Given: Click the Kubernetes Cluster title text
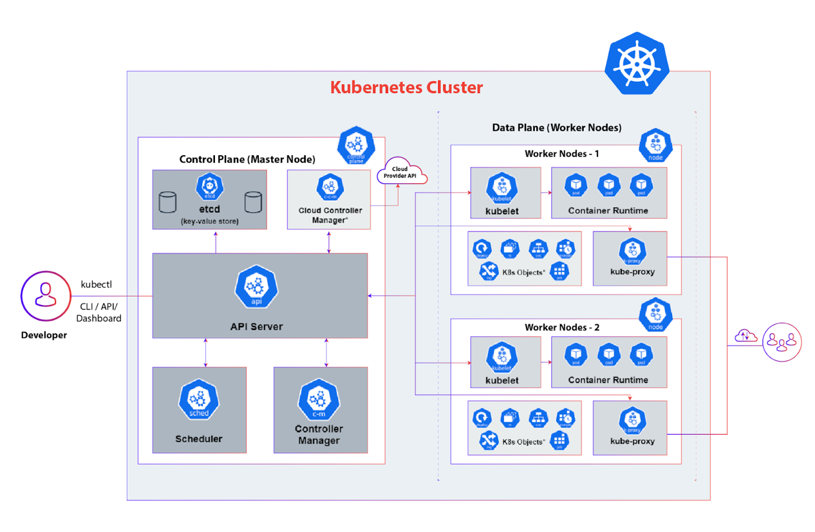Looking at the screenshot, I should click(406, 87).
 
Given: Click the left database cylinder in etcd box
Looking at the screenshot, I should click(167, 202).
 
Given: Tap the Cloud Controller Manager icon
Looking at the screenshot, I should click(329, 188).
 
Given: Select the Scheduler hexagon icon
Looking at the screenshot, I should click(199, 400).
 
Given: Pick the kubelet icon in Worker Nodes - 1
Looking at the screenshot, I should click(501, 188).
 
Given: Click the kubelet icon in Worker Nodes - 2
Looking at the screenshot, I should click(501, 357).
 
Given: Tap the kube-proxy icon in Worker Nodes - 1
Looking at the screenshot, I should click(632, 252).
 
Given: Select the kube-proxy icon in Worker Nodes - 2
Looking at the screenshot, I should click(632, 421).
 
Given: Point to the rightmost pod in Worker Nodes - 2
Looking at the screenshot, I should click(641, 354).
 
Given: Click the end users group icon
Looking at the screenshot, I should click(782, 340).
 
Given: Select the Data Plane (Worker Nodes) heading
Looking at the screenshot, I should click(557, 127).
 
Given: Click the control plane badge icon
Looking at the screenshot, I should click(355, 145).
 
